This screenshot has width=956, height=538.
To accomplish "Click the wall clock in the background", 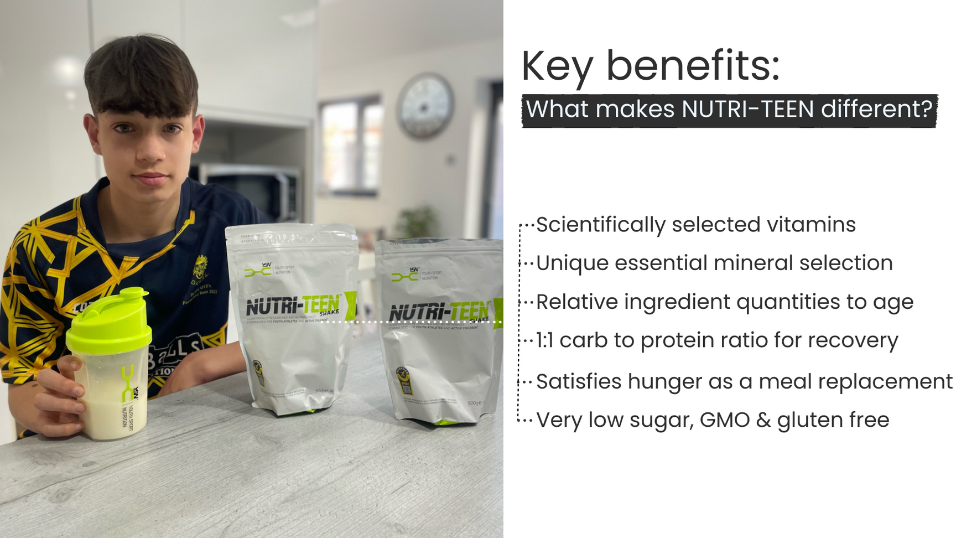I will (425, 105).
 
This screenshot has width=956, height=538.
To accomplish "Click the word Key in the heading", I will (557, 66).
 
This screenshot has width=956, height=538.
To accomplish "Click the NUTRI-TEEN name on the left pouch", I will (293, 306).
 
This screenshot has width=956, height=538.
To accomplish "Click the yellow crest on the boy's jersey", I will (200, 269).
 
